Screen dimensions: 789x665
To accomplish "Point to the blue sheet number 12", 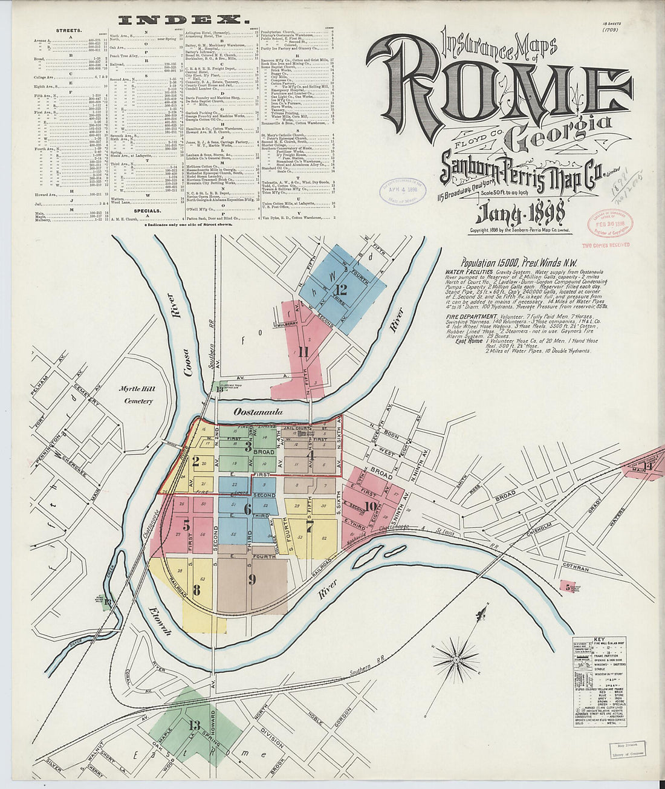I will (342, 288).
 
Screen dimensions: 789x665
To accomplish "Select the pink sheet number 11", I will (303, 352).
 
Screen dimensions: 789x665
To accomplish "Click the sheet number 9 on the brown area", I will (251, 578).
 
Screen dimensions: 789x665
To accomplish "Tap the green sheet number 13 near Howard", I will (194, 725).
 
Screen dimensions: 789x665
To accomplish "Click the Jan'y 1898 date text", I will (521, 214).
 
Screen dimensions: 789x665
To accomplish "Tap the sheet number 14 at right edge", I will (647, 465).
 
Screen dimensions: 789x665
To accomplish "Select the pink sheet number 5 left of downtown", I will (186, 524).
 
